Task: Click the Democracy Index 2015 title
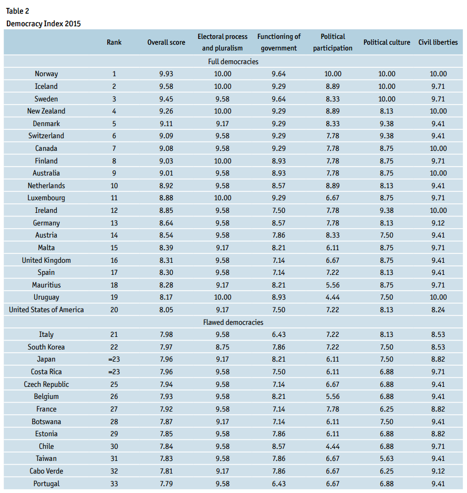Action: (x=44, y=24)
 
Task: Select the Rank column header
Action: (x=114, y=42)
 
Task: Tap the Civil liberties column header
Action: (x=438, y=42)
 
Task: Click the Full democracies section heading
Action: (x=233, y=61)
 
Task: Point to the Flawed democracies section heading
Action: (x=233, y=322)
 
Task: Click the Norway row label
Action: (x=46, y=74)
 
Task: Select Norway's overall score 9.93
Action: (x=166, y=74)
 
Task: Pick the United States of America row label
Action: (x=46, y=310)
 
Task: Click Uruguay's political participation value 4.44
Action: (x=333, y=297)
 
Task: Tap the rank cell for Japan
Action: (x=114, y=359)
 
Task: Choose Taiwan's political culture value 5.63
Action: (x=387, y=458)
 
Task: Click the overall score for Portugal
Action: (x=166, y=484)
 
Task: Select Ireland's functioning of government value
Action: (x=279, y=210)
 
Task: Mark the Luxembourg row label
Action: (x=46, y=198)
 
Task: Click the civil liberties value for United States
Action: (x=438, y=310)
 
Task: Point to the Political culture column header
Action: (x=387, y=42)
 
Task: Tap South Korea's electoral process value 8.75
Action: (x=223, y=347)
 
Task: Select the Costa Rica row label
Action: (x=46, y=372)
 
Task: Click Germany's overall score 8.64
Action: (x=166, y=223)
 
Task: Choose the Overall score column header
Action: (x=166, y=42)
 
